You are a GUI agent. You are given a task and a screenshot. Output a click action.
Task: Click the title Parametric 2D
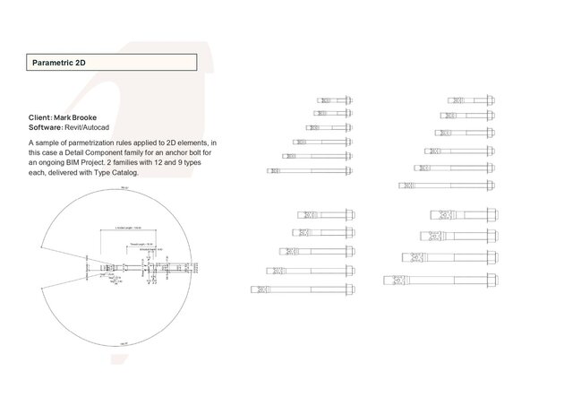coord(58,64)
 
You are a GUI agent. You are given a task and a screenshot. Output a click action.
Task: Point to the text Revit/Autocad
coord(90,128)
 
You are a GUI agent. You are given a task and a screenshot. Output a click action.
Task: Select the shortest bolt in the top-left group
coord(335,99)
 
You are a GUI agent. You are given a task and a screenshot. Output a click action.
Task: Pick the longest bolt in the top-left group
coord(310,170)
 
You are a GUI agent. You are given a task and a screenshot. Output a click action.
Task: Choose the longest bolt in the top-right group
coord(447,186)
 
